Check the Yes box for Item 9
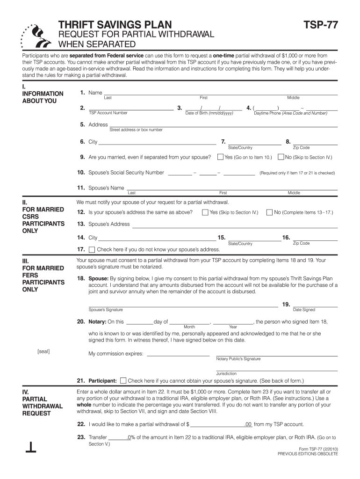(221, 157)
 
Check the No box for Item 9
(281, 157)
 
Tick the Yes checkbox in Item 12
(205, 212)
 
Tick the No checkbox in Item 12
(269, 212)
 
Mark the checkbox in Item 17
(92, 249)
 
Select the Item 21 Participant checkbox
(123, 381)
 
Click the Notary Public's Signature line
(276, 354)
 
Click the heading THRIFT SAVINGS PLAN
(115, 25)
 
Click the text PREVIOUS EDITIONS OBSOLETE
(307, 454)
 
